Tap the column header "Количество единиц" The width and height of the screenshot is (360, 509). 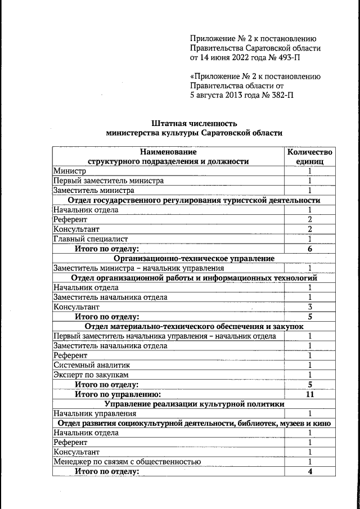click(x=309, y=156)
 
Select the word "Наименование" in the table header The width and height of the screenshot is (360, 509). click(x=169, y=152)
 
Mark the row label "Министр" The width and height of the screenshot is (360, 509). click(x=70, y=171)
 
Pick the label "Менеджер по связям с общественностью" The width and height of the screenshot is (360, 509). click(x=127, y=462)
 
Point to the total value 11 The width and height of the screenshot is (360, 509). click(x=309, y=394)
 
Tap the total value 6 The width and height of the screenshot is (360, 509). click(x=309, y=249)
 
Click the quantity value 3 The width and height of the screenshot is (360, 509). click(x=309, y=307)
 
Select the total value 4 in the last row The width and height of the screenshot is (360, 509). click(x=309, y=471)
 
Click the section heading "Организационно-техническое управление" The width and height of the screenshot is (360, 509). click(x=194, y=258)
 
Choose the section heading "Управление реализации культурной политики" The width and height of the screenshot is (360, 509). click(x=194, y=404)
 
